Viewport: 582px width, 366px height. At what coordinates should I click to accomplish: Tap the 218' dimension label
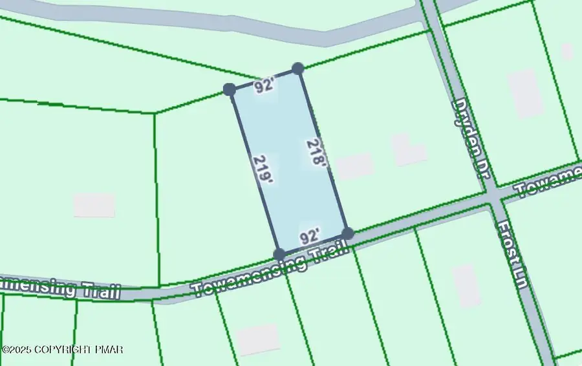click(317, 153)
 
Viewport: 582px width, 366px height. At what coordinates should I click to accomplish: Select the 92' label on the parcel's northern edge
click(263, 86)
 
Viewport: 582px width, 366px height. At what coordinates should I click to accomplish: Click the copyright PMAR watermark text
click(63, 349)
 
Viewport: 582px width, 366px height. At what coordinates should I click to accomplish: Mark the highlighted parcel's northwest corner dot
click(229, 89)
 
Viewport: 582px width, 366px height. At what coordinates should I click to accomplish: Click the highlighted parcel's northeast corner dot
click(297, 68)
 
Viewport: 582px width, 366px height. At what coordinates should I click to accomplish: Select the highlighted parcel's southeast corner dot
click(347, 233)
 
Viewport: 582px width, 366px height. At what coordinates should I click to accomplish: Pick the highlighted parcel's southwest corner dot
click(279, 254)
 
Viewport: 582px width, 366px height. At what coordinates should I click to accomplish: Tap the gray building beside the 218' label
click(354, 166)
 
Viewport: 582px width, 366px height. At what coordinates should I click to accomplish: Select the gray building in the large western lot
click(94, 205)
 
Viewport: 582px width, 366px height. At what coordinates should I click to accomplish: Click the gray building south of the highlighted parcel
click(257, 338)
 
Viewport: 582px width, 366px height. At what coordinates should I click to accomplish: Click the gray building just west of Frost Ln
click(466, 285)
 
